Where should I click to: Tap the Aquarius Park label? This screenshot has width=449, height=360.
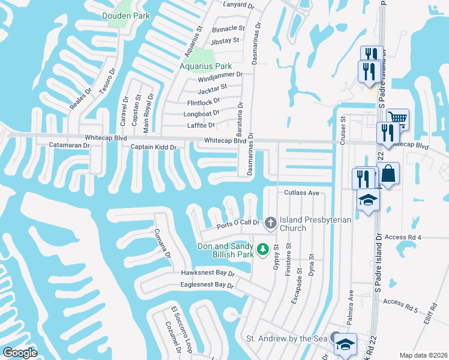pyautogui.click(x=206, y=65)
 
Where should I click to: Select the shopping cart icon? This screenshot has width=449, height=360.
pyautogui.click(x=397, y=118)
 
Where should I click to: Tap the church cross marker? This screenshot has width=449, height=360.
pyautogui.click(x=271, y=223)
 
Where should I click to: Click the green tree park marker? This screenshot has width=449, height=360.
pyautogui.click(x=262, y=248)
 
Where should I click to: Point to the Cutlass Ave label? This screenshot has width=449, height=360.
pyautogui.click(x=301, y=193)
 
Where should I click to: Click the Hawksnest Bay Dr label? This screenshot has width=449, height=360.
pyautogui.click(x=207, y=273)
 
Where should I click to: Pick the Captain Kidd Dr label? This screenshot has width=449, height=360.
pyautogui.click(x=154, y=147)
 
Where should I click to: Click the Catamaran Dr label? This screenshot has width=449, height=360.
pyautogui.click(x=69, y=145)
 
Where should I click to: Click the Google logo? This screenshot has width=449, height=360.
pyautogui.click(x=20, y=353)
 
